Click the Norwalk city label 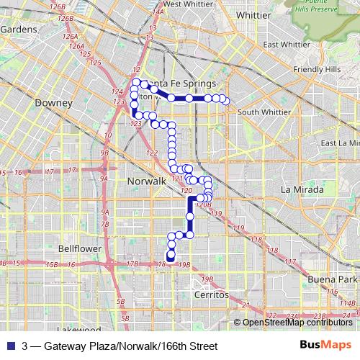(x=146, y=181)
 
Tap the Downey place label (x=53, y=103)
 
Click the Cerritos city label (x=211, y=295)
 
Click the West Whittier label (x=182, y=4)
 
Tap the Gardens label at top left (x=19, y=29)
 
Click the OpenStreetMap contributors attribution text (x=297, y=322)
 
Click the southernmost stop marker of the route (x=171, y=257)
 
